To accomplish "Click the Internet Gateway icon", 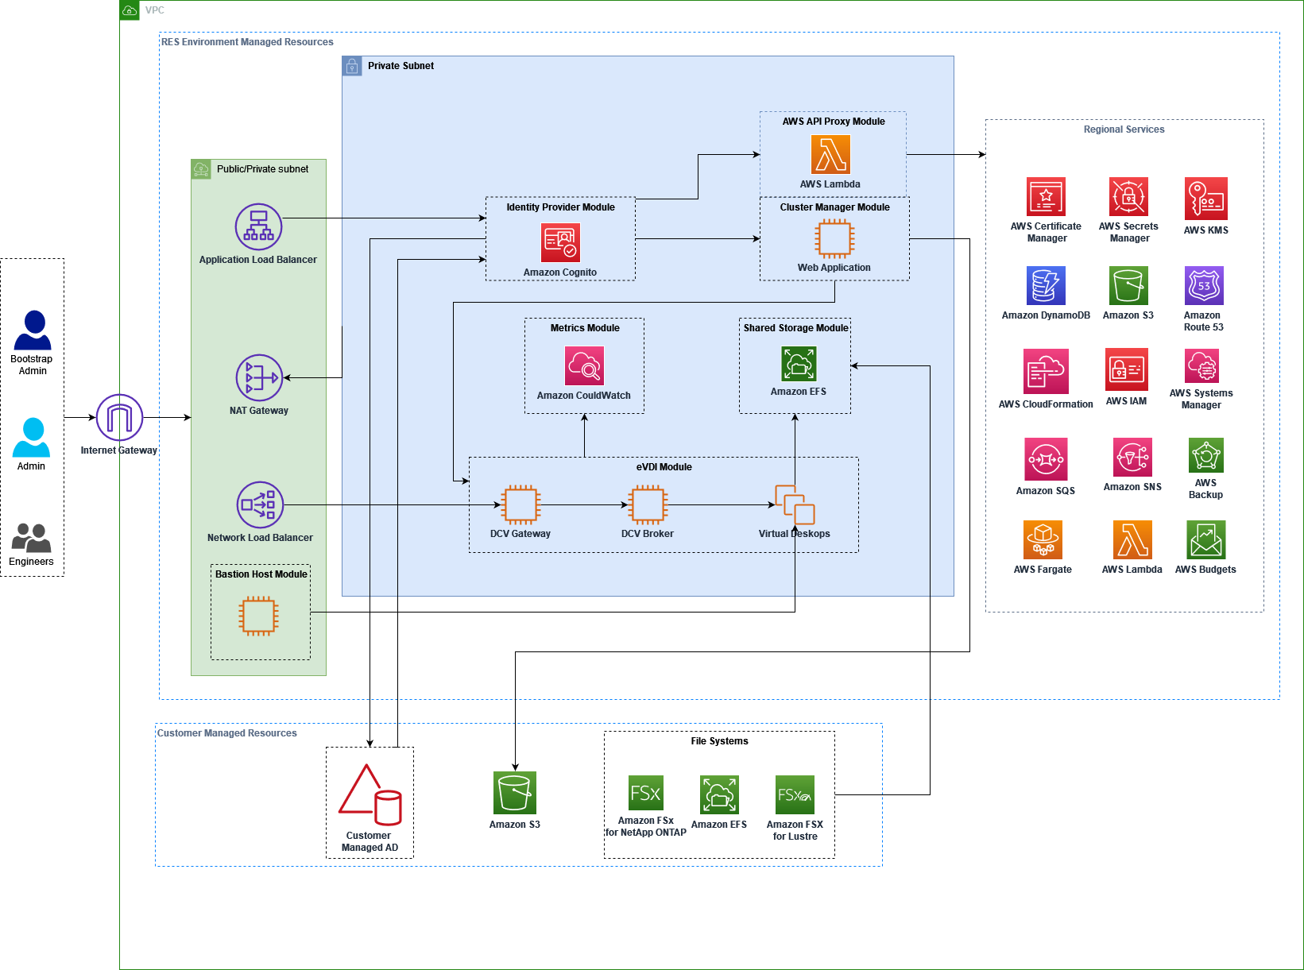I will (119, 417).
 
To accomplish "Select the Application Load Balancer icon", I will (258, 226).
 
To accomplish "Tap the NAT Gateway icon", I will (259, 377).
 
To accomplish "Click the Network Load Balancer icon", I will (260, 504).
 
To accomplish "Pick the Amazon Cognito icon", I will (560, 242).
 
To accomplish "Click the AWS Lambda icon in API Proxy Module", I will (830, 154).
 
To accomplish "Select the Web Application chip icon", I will (834, 238).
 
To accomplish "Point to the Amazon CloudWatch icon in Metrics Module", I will (584, 365).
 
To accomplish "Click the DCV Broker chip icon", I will (648, 504).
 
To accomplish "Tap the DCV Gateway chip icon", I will (520, 504).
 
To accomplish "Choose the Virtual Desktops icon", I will (795, 504).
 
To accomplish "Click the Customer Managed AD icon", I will (370, 794).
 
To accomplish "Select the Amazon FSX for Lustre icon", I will (795, 794).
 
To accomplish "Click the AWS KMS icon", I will (1205, 198).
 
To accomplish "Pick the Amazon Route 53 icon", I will (1204, 285).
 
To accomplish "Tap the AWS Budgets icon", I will (1205, 540).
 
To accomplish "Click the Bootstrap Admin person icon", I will (33, 330).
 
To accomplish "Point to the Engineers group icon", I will (31, 538).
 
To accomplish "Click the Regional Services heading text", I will (1124, 129).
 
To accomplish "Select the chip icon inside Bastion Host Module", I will (258, 616).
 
